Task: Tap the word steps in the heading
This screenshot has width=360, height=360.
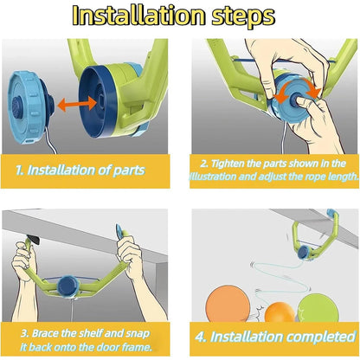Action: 243,16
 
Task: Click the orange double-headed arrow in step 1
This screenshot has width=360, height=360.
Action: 77,104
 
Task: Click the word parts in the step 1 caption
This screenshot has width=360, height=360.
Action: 129,170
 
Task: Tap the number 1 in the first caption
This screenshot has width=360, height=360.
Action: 20,170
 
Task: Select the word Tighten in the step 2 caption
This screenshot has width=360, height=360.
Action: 228,164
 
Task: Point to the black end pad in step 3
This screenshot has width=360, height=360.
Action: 33,241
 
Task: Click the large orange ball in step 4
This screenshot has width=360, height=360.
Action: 228,305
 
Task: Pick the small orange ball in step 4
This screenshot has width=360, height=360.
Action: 280,312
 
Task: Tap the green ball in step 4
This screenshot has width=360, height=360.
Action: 318,308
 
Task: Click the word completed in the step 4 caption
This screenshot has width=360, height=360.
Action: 321,337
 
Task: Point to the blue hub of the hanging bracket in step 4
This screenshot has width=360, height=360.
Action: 303,253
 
